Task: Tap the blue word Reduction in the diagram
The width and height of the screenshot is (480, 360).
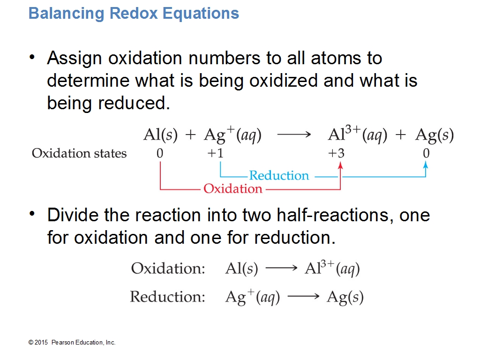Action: pyautogui.click(x=279, y=175)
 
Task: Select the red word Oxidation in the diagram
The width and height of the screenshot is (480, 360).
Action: pyautogui.click(x=233, y=188)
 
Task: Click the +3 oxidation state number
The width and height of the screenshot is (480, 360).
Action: pyautogui.click(x=336, y=153)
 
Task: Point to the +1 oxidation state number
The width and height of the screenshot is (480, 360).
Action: pyautogui.click(x=215, y=153)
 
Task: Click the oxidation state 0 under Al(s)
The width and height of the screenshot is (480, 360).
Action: pyautogui.click(x=160, y=153)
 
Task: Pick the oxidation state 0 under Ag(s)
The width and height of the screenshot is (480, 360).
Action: pyautogui.click(x=426, y=153)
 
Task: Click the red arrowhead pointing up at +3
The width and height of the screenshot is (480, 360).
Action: pyautogui.click(x=340, y=165)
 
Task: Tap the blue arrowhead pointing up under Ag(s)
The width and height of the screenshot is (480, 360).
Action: pyautogui.click(x=426, y=165)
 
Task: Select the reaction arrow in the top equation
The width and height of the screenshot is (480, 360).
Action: pyautogui.click(x=294, y=135)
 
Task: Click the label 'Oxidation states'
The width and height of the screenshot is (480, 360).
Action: pyautogui.click(x=79, y=153)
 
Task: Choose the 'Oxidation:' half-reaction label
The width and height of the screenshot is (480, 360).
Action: pyautogui.click(x=168, y=269)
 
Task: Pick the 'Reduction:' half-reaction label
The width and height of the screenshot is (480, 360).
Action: pyautogui.click(x=167, y=297)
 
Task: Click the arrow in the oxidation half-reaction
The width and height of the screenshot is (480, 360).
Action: pyautogui.click(x=282, y=269)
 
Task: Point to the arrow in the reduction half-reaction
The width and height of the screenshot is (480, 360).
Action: pyautogui.click(x=303, y=296)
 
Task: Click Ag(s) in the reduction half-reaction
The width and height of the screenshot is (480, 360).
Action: pyautogui.click(x=345, y=297)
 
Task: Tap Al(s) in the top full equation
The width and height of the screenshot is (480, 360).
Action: pyautogui.click(x=160, y=135)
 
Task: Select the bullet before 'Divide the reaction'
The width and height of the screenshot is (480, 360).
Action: pyautogui.click(x=32, y=214)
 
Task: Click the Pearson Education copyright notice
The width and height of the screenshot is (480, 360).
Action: pyautogui.click(x=72, y=343)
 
